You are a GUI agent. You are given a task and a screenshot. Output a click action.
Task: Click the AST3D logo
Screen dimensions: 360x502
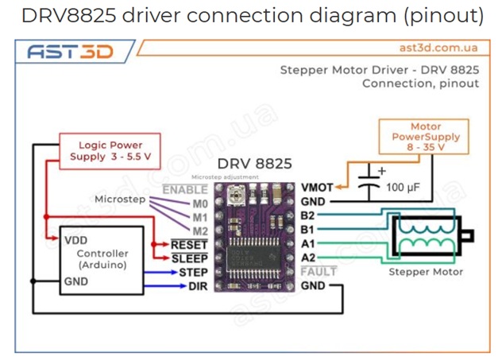click(x=70, y=52)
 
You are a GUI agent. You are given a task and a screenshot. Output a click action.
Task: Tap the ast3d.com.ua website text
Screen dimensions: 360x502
click(x=438, y=48)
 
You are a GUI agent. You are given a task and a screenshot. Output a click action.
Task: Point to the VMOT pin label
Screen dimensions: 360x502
click(x=318, y=188)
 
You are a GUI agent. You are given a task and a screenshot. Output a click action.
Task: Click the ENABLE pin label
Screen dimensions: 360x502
click(x=185, y=190)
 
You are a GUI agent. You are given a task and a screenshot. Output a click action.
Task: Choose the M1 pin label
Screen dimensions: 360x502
click(x=199, y=217)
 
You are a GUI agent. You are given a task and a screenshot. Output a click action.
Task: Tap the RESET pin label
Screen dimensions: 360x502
click(x=189, y=245)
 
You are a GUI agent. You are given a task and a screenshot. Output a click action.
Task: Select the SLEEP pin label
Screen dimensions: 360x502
click(x=189, y=258)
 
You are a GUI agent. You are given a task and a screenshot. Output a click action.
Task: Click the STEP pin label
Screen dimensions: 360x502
click(x=193, y=273)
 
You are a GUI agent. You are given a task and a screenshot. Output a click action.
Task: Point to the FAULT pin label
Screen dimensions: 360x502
click(x=319, y=271)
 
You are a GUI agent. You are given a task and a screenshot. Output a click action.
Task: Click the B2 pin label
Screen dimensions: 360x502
click(x=309, y=215)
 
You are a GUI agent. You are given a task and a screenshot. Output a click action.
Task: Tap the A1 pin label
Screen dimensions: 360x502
click(x=309, y=243)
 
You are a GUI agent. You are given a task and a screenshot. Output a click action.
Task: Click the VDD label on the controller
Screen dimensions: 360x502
click(x=76, y=238)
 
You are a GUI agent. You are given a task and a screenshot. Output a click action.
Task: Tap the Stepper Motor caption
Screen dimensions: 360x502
click(x=425, y=272)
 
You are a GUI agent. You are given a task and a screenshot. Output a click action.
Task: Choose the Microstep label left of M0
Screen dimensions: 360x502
click(x=120, y=199)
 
